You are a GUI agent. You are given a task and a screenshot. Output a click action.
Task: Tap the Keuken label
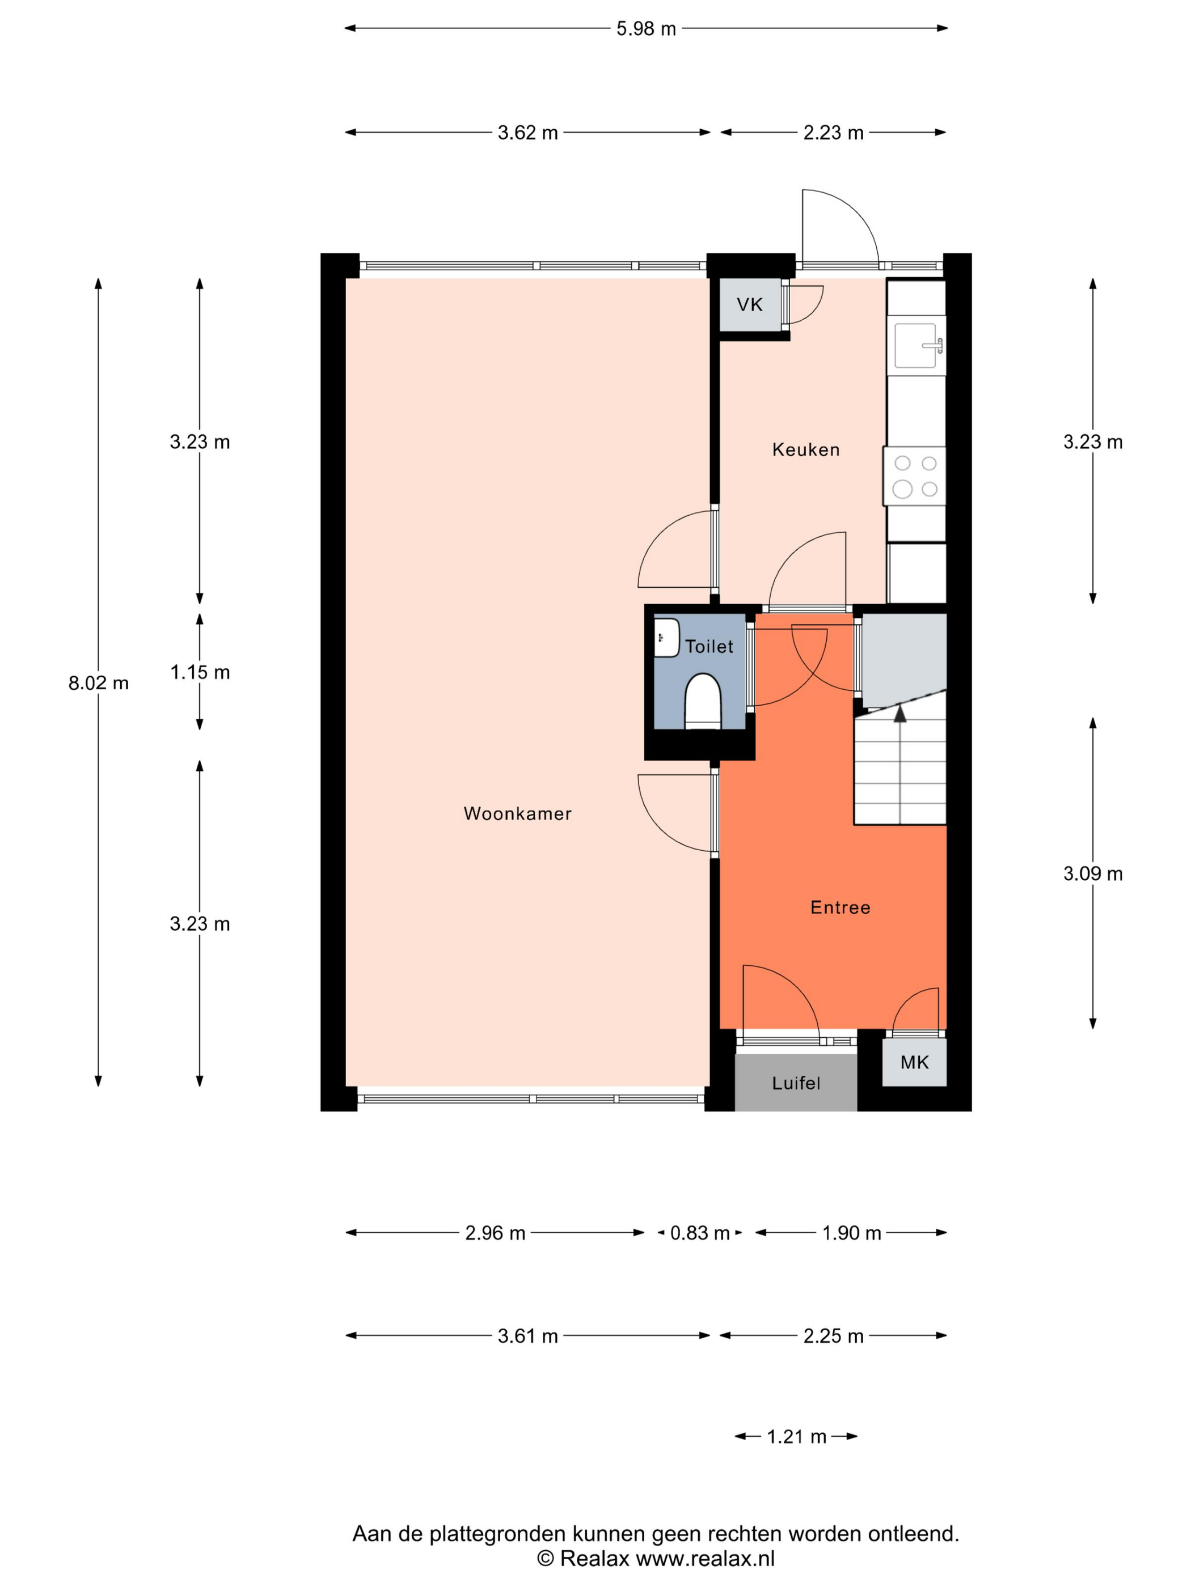tap(805, 450)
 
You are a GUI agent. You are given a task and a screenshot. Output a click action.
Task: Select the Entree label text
tap(840, 907)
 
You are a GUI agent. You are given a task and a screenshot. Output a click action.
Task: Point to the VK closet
tap(750, 305)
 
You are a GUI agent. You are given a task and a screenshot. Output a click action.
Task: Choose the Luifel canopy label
tap(796, 1083)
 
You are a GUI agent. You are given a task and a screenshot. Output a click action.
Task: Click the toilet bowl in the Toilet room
tap(702, 702)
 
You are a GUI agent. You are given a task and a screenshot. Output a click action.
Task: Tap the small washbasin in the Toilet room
tap(666, 638)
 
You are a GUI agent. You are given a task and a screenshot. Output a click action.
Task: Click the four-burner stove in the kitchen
tap(915, 477)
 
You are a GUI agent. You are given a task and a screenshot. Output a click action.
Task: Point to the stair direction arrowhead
tap(899, 712)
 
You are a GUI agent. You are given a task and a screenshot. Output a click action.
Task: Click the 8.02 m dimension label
tap(98, 683)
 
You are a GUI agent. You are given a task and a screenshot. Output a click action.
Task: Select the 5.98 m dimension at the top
tap(646, 29)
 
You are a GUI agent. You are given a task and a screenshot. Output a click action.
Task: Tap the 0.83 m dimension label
tap(700, 1233)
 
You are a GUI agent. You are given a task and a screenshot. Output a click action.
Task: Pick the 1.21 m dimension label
tap(797, 1437)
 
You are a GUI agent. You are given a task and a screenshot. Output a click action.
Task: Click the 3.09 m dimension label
tap(1093, 874)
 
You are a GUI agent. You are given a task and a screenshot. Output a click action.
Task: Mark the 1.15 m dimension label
tap(200, 672)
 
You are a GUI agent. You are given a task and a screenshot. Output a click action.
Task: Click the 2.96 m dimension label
tap(495, 1233)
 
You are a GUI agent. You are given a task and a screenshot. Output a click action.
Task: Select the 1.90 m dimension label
tap(851, 1233)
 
